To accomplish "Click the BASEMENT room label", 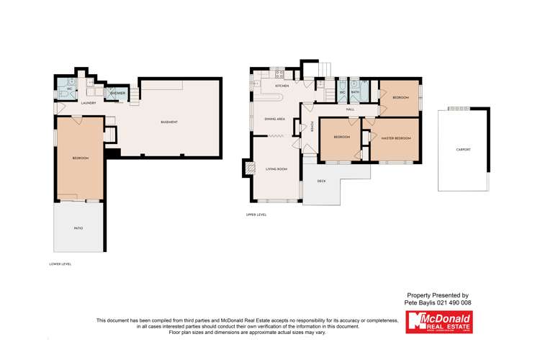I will [x=169, y=122].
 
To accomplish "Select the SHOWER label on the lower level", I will [x=117, y=94].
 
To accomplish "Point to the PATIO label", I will [x=78, y=228].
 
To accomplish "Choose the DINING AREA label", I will [x=275, y=118].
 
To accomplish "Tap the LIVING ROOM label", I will [x=276, y=169].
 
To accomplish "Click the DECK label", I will [x=321, y=181].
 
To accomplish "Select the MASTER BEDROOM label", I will [x=395, y=137].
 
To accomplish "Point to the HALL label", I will [x=350, y=109].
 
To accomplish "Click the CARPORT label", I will [x=464, y=149].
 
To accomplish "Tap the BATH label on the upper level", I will [x=355, y=92].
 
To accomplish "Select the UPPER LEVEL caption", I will [x=256, y=215].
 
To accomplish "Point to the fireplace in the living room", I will [x=250, y=168].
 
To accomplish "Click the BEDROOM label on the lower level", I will [x=80, y=158].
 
